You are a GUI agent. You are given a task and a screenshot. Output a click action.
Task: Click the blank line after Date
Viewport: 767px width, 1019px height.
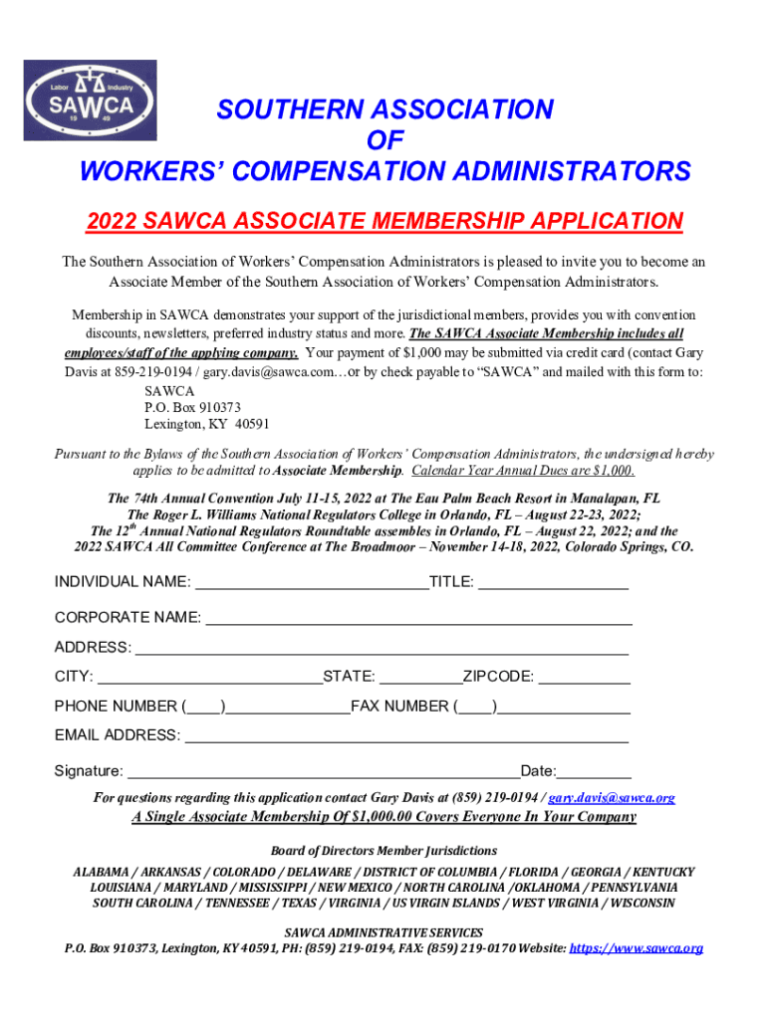click(x=595, y=772)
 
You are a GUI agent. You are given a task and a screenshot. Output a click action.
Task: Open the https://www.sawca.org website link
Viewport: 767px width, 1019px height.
click(x=637, y=948)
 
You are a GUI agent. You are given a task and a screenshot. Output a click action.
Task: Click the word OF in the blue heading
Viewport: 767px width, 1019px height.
click(x=384, y=140)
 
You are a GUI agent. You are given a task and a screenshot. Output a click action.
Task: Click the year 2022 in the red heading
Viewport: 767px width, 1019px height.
click(x=110, y=221)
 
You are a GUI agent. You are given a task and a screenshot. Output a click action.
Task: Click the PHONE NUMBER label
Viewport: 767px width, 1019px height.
click(x=116, y=708)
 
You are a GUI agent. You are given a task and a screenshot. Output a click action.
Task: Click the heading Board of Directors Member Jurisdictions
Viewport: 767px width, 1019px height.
click(x=383, y=851)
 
